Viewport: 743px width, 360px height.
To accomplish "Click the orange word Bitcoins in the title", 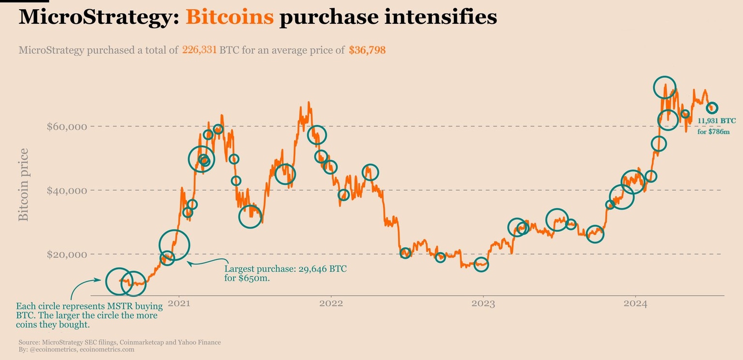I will pyautogui.click(x=229, y=17).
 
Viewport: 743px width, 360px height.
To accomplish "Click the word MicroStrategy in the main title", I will pyautogui.click(x=99, y=17).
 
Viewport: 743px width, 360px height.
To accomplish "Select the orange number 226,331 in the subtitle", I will pyautogui.click(x=199, y=50).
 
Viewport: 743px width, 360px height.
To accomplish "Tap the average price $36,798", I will pyautogui.click(x=367, y=50).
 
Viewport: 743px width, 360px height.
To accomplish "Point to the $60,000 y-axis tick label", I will pyautogui.click(x=67, y=127).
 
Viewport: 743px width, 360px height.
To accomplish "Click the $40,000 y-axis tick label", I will pyautogui.click(x=67, y=191).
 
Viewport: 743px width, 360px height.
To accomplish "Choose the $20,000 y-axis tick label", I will pyautogui.click(x=67, y=255).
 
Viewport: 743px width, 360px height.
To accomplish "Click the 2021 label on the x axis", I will pyautogui.click(x=179, y=304).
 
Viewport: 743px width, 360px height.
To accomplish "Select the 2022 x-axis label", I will pyautogui.click(x=331, y=304).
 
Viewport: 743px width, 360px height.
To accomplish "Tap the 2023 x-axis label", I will pyautogui.click(x=483, y=304).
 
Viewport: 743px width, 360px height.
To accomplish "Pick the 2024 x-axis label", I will pyautogui.click(x=635, y=304).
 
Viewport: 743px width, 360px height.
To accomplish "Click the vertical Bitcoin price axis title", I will pyautogui.click(x=23, y=185).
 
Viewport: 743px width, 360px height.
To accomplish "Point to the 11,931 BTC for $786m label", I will pyautogui.click(x=713, y=125).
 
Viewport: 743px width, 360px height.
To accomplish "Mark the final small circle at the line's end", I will pyautogui.click(x=712, y=108).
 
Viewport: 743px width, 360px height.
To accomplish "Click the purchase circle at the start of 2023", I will pyautogui.click(x=481, y=264).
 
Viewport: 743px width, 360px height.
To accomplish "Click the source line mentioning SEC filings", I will pyautogui.click(x=119, y=342).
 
